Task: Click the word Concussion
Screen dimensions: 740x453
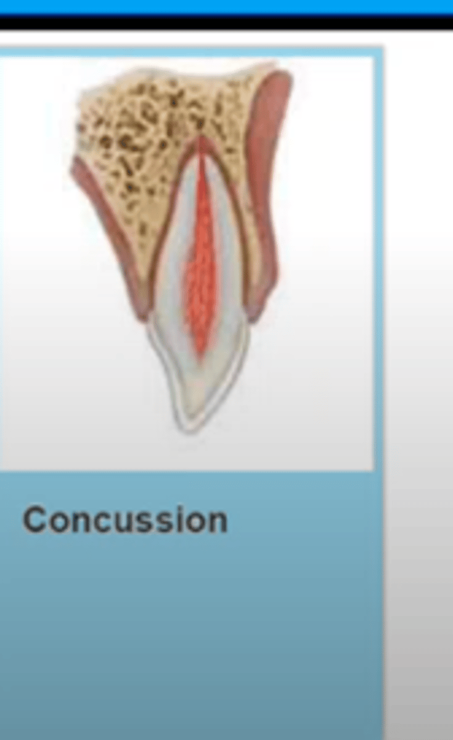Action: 125,520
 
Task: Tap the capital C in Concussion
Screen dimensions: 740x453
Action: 35,520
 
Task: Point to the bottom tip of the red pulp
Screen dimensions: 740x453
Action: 198,356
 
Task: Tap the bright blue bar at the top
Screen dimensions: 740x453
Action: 226,6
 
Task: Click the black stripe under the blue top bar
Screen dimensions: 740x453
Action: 226,23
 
